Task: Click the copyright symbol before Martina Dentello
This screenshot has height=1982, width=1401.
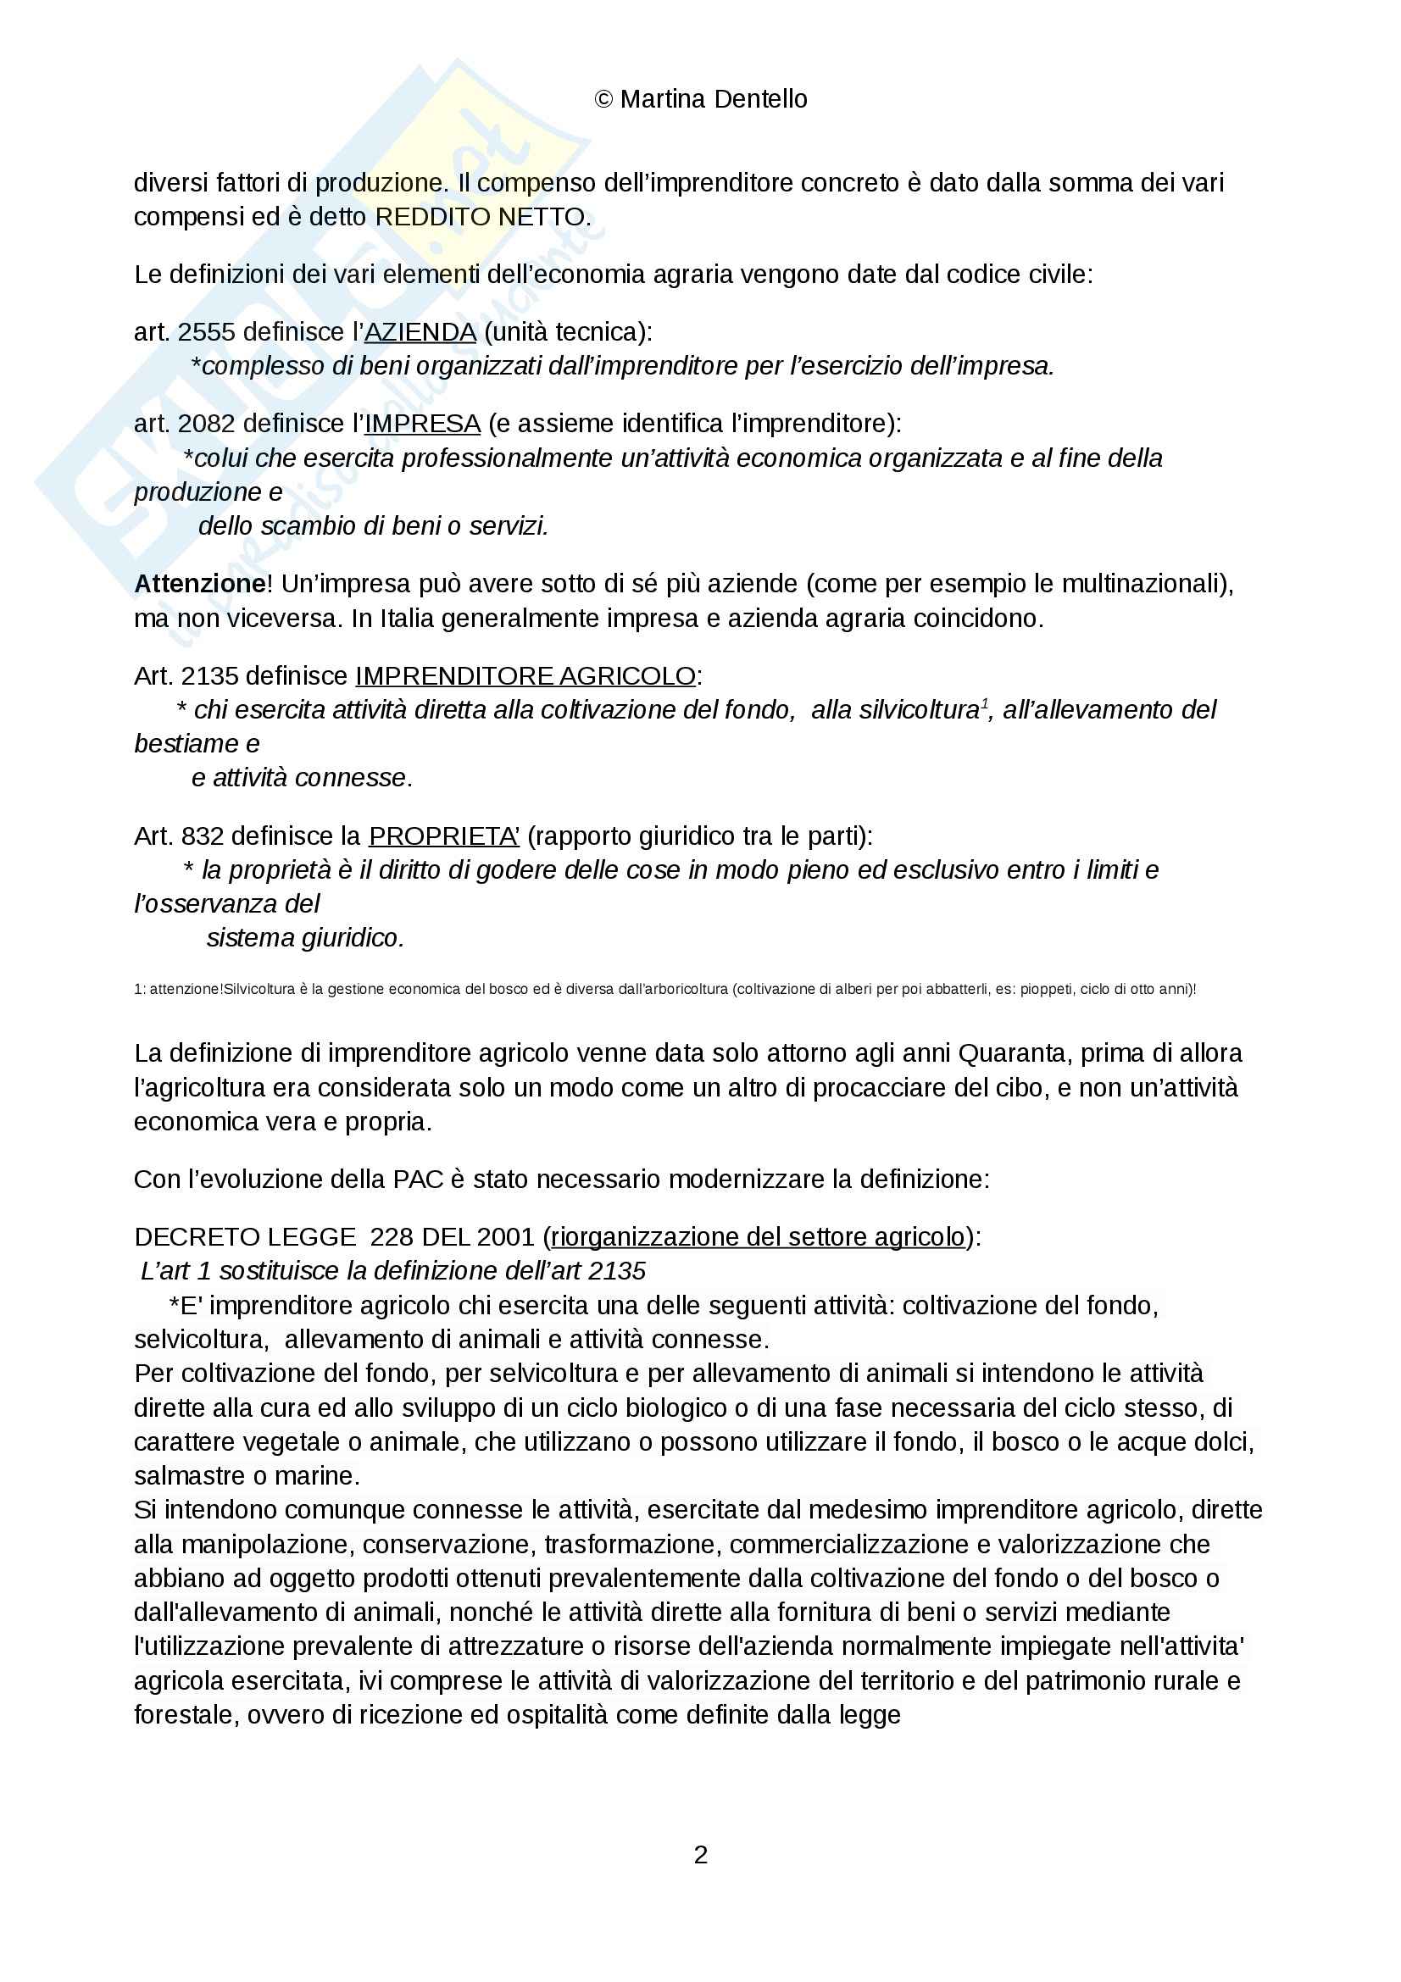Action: [x=603, y=100]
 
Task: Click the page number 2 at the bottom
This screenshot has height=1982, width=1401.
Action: [x=700, y=1854]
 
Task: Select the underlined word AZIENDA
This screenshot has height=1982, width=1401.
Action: [x=420, y=332]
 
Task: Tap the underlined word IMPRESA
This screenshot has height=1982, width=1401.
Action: [x=422, y=424]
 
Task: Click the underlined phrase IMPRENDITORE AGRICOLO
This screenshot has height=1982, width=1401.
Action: [x=525, y=676]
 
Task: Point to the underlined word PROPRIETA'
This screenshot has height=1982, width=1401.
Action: [x=444, y=836]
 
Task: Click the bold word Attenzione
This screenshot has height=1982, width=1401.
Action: [x=199, y=585]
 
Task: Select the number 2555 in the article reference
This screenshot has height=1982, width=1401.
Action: [x=207, y=332]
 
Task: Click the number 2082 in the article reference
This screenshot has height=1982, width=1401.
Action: [x=207, y=424]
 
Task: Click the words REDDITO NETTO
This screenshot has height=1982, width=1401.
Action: [x=481, y=218]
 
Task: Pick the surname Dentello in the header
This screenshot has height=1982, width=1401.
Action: [x=759, y=100]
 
